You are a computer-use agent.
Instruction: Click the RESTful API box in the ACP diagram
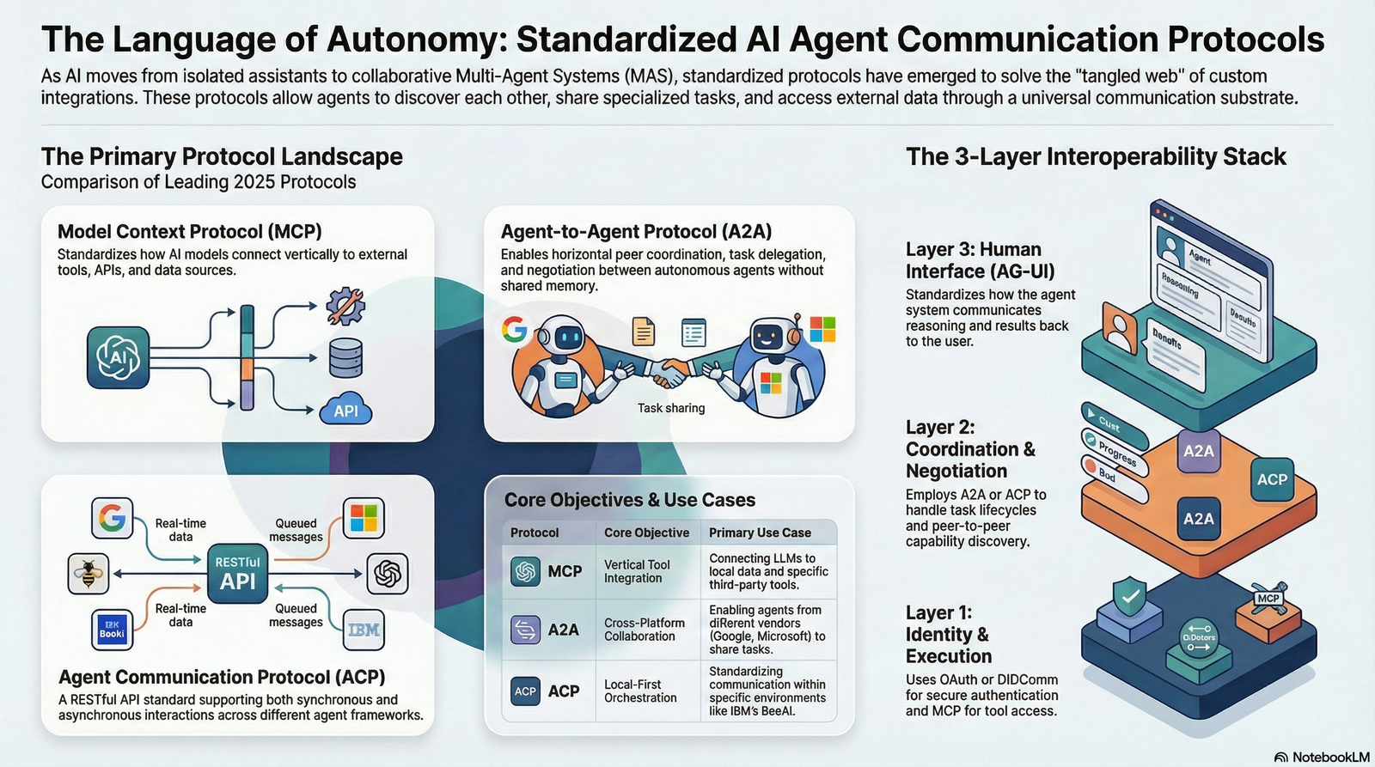(237, 573)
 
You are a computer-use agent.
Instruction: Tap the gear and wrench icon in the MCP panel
(345, 306)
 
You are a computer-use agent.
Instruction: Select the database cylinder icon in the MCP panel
(345, 358)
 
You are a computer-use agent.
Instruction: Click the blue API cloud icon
(346, 411)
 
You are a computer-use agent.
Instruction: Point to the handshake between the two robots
(669, 372)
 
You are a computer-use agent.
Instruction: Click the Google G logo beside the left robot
(515, 330)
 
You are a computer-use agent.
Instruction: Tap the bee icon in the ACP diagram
(89, 574)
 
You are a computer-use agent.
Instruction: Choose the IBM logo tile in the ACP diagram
(363, 630)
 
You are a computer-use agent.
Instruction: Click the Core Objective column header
(646, 533)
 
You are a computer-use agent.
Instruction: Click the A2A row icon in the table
(525, 630)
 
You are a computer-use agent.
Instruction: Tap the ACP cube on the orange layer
(1272, 479)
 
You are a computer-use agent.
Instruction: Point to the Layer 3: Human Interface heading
(980, 260)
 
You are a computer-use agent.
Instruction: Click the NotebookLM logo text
(1329, 757)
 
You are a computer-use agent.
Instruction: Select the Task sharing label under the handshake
(671, 408)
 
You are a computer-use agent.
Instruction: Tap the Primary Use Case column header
(760, 533)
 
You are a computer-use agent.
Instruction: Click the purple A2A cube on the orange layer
(1198, 451)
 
